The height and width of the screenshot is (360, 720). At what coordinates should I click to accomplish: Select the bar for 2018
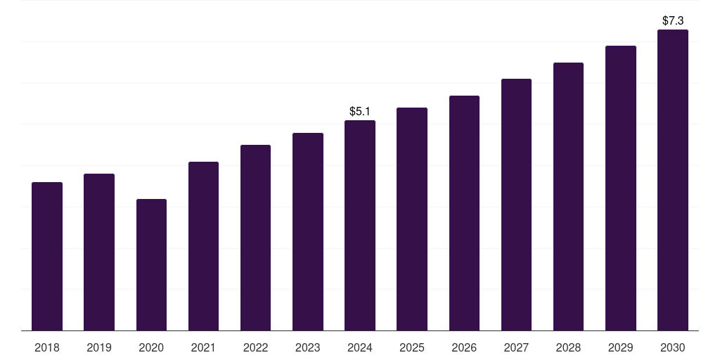(47, 256)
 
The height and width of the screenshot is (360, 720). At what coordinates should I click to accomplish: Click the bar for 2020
(152, 265)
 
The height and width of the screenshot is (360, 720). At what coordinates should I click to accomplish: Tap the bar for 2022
(255, 238)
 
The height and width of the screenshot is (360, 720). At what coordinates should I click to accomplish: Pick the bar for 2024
(360, 226)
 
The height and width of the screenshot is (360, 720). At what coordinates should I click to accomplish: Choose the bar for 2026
(464, 213)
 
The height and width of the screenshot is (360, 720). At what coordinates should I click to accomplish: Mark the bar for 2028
(568, 197)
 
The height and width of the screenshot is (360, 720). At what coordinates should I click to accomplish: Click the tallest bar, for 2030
(673, 180)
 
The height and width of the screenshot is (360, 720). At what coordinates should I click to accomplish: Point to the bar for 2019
(99, 252)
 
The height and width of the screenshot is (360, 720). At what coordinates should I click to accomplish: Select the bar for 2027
(516, 205)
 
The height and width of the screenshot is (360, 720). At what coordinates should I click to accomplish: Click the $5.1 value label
(360, 111)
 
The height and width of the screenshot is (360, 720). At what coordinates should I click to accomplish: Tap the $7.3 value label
(673, 20)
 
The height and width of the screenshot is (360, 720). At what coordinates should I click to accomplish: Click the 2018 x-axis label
(47, 347)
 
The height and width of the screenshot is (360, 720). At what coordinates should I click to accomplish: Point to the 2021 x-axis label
(203, 347)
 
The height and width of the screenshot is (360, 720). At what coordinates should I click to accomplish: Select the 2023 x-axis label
(308, 347)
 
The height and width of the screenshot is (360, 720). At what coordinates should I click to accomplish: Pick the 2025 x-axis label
(412, 347)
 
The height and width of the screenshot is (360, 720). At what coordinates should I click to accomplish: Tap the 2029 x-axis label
(620, 347)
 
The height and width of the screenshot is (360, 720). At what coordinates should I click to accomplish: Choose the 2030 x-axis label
(673, 347)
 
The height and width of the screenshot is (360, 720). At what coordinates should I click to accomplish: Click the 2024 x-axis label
(360, 347)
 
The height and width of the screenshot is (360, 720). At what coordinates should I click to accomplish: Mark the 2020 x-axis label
(152, 347)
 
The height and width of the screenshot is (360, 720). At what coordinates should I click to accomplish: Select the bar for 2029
(621, 188)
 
